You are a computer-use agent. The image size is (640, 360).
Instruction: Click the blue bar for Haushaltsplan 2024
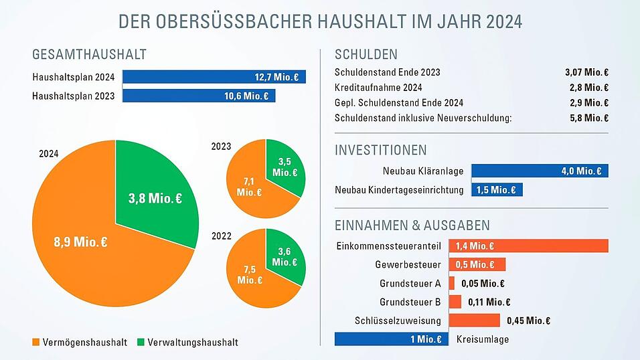pyautogui.click(x=214, y=77)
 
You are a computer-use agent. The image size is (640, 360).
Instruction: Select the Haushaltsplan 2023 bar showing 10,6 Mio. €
pyautogui.click(x=198, y=96)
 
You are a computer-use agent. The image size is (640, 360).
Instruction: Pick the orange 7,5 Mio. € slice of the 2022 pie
pyautogui.click(x=251, y=274)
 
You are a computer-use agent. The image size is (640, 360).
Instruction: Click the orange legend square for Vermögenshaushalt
pyautogui.click(x=35, y=342)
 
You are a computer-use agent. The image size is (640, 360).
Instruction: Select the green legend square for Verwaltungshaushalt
pyautogui.click(x=141, y=342)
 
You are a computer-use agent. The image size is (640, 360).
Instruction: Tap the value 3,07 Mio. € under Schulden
pyautogui.click(x=586, y=72)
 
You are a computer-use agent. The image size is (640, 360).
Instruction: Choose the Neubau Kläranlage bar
pyautogui.click(x=540, y=171)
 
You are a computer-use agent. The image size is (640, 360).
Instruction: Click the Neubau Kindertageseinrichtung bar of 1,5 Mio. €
pyautogui.click(x=497, y=190)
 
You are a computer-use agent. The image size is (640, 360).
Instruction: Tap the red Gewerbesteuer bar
pyautogui.click(x=477, y=264)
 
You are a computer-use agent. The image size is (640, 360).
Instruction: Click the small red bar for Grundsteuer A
pyautogui.click(x=452, y=283)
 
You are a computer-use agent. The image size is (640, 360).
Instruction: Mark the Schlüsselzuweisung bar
pyautogui.click(x=474, y=321)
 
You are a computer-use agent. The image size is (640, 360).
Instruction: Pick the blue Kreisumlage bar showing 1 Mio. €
pyautogui.click(x=391, y=339)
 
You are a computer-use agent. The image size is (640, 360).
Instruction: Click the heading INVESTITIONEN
pyautogui.click(x=380, y=150)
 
